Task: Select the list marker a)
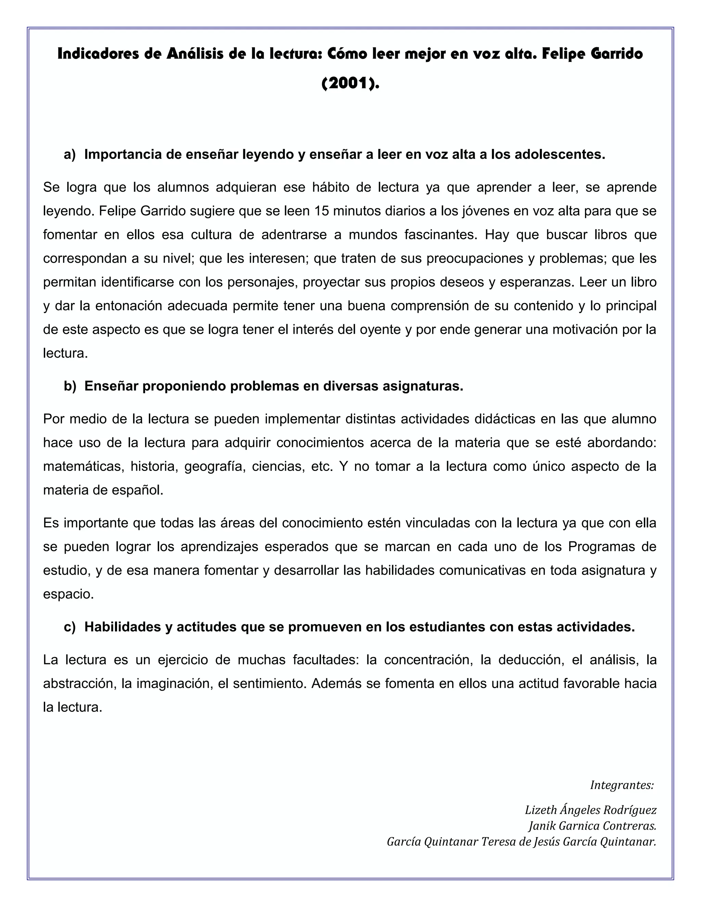70,154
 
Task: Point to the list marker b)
70,386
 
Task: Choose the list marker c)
70,627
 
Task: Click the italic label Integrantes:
622,785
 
